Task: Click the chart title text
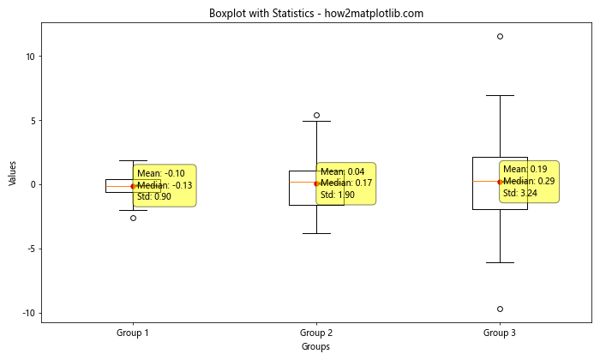pos(316,14)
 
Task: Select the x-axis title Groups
pos(316,346)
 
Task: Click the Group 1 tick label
pos(133,332)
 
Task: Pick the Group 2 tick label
pos(316,332)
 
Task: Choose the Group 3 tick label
pos(500,332)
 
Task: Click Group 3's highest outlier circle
pos(500,36)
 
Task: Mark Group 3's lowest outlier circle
pos(500,309)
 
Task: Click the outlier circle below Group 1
pos(133,218)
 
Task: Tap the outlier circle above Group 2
pos(316,115)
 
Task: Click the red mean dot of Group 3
pos(500,182)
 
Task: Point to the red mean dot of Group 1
pos(133,186)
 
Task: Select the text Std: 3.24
pos(519,194)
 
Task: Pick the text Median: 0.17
pos(345,183)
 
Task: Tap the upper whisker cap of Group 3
pos(500,96)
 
